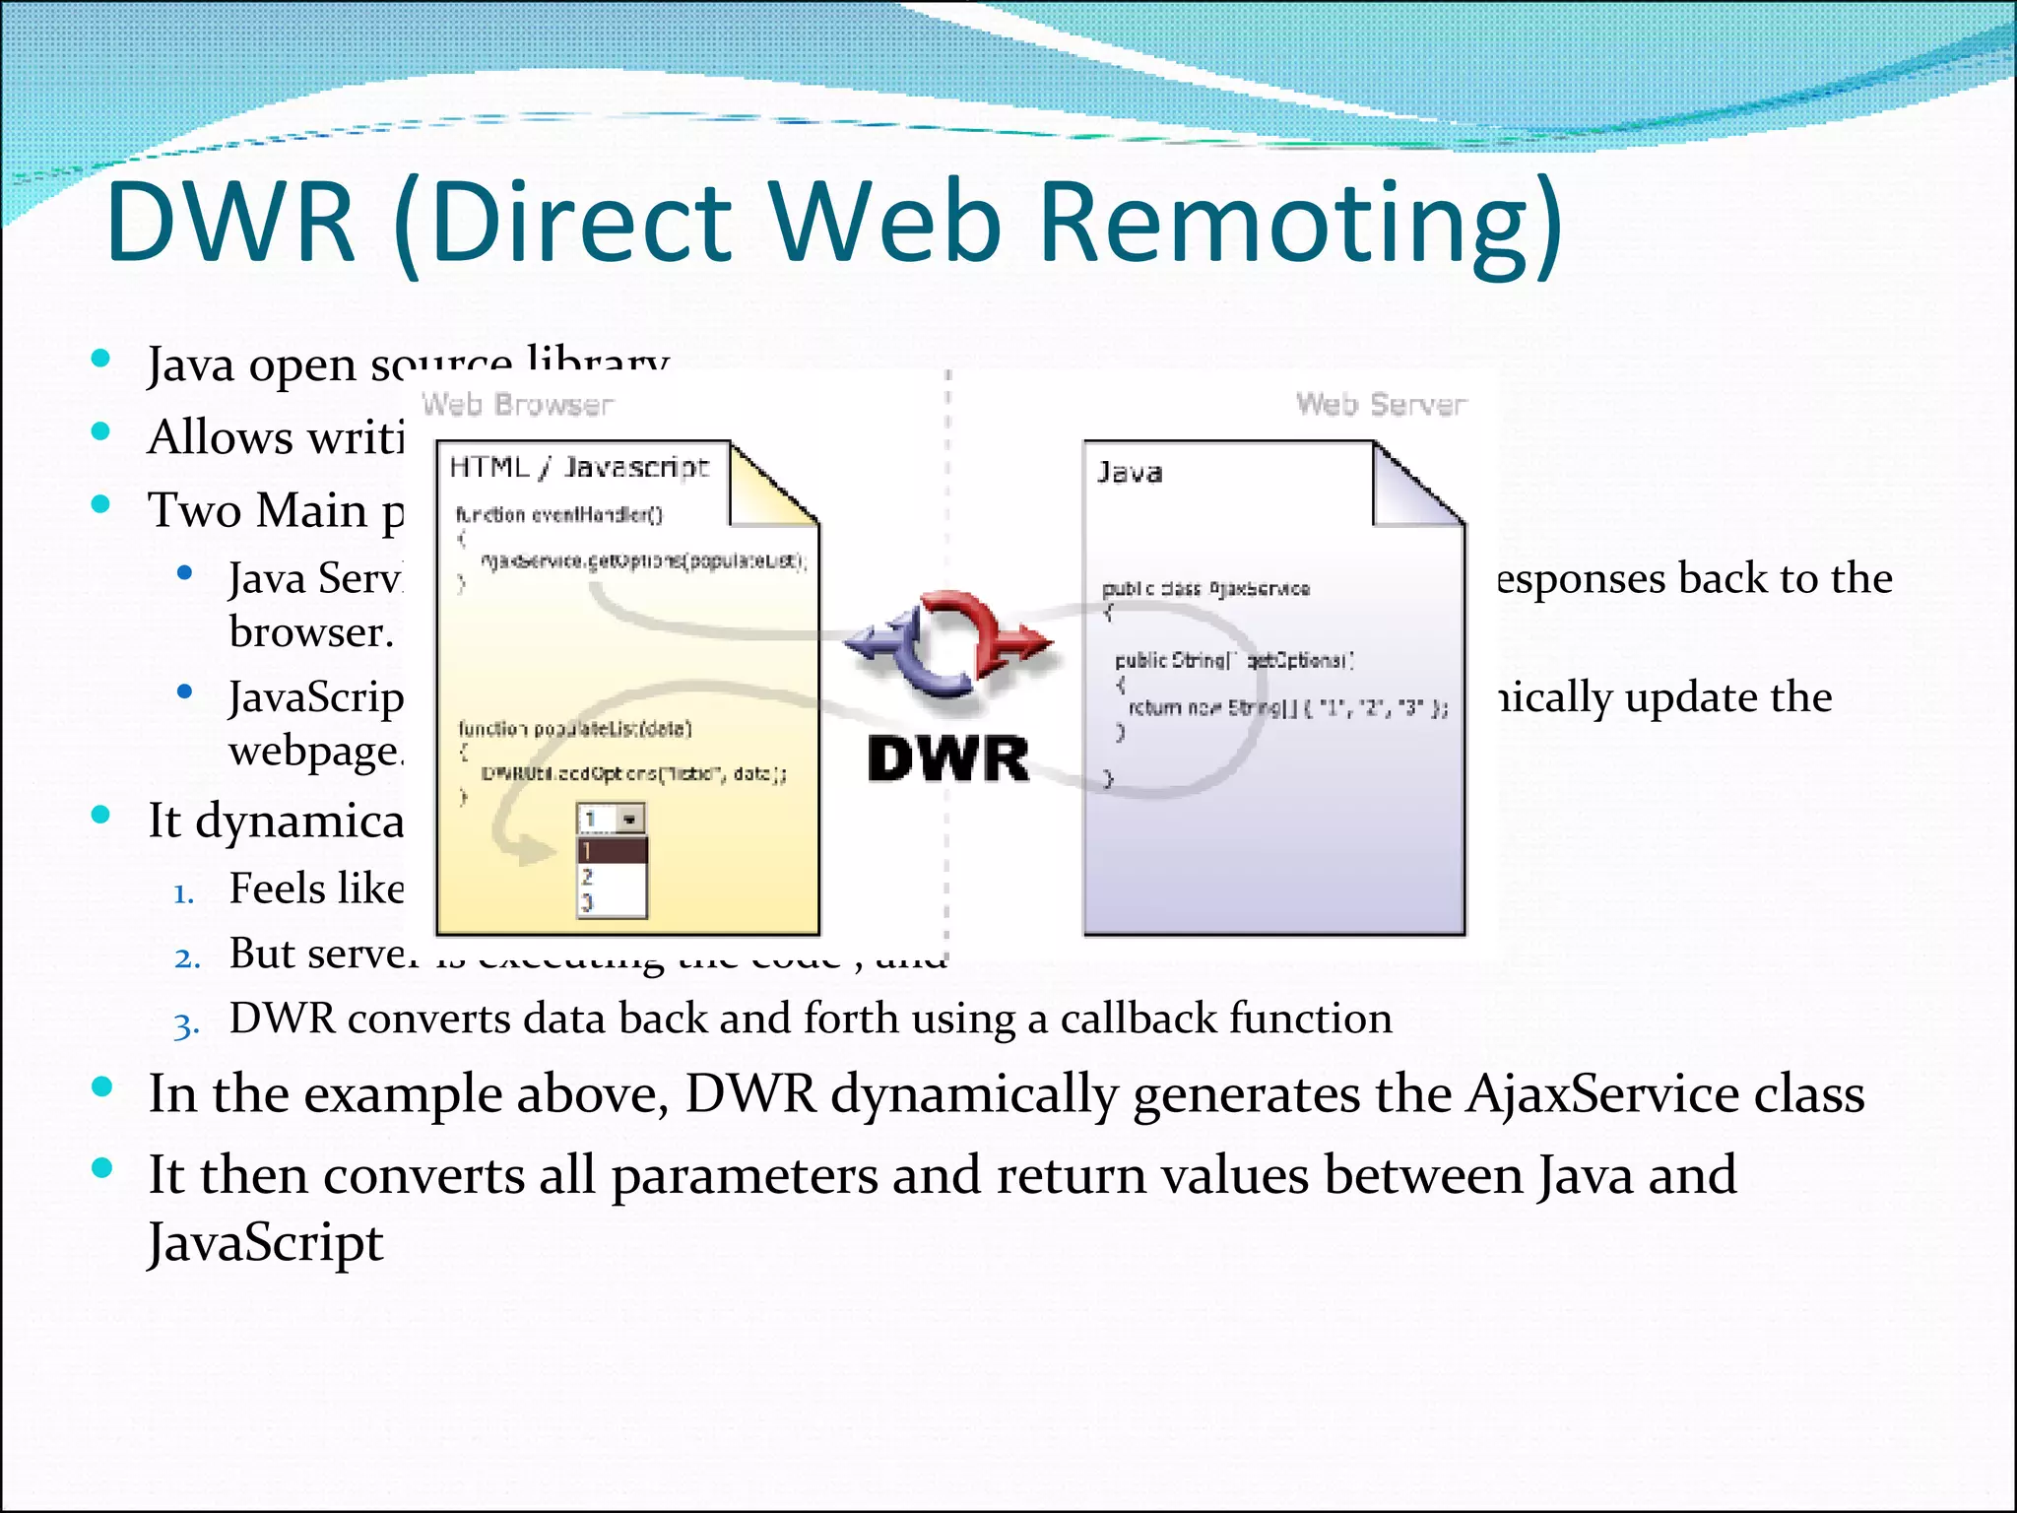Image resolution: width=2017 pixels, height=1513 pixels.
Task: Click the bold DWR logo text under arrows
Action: tap(947, 760)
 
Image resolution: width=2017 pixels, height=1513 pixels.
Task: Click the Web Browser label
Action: tap(517, 404)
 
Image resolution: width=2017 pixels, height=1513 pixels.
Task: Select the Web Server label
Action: tap(1381, 404)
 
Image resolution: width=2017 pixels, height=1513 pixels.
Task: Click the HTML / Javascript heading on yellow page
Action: tap(579, 467)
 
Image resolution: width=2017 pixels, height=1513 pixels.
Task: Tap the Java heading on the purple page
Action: tap(1130, 473)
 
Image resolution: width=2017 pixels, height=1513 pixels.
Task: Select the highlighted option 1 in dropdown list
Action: tap(611, 850)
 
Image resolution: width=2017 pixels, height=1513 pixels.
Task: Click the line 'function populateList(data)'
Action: tap(575, 729)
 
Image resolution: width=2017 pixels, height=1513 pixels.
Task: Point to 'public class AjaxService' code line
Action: tap(1205, 589)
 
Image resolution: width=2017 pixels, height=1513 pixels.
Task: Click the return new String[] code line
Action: tap(1287, 707)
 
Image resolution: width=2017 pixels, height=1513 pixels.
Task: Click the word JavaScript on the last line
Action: tap(265, 1243)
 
